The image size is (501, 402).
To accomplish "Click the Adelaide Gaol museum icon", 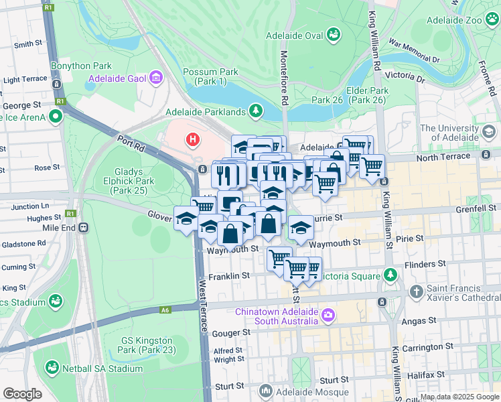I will point(156,78).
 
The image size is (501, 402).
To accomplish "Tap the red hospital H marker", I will point(193,139).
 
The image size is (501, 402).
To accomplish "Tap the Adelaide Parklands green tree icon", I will point(255,110).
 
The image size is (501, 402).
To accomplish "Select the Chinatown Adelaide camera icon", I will point(328,314).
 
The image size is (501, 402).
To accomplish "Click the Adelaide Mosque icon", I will point(266,391).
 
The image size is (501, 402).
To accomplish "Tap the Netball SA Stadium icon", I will point(52,368).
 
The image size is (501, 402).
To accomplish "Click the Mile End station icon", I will point(83,227).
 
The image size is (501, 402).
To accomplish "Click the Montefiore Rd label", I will point(284,79).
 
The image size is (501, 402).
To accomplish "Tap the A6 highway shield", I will point(165,310).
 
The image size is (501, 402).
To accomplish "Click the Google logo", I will point(22,394).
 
